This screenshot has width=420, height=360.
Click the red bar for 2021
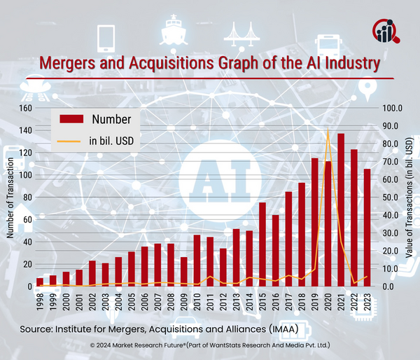[x=341, y=210]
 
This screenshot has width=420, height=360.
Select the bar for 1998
[x=40, y=282]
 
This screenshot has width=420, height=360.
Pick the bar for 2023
[x=367, y=228]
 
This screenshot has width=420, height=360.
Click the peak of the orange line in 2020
[x=328, y=129]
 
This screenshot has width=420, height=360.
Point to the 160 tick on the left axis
[x=27, y=108]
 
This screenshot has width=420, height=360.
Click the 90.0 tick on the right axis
[x=389, y=126]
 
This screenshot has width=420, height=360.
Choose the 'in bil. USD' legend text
[x=111, y=141]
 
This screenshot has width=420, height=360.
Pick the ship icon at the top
[x=172, y=32]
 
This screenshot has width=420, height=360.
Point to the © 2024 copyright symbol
[x=93, y=346]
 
